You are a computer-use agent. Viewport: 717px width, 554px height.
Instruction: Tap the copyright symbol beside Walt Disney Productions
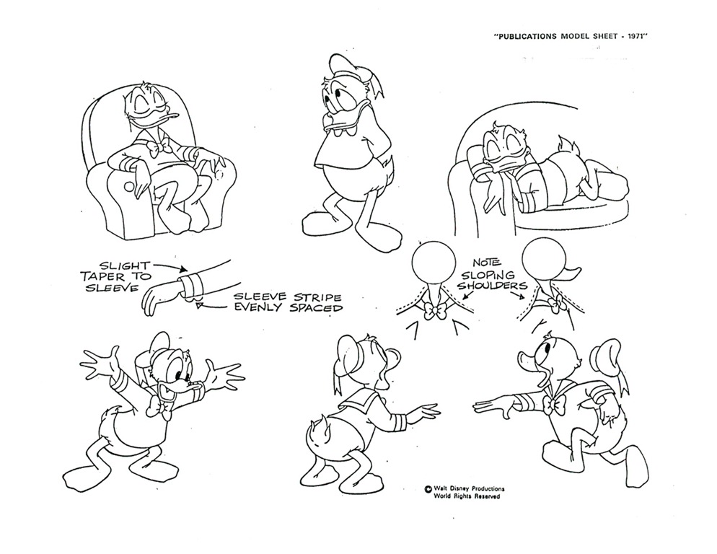(x=428, y=489)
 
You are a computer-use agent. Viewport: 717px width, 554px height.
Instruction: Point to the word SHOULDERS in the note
(x=492, y=286)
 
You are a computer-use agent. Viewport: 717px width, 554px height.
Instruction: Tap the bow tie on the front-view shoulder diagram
(x=434, y=311)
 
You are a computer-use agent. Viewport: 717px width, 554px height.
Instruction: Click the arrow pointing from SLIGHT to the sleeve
(x=170, y=267)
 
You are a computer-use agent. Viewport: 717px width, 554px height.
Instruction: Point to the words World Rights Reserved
(x=467, y=496)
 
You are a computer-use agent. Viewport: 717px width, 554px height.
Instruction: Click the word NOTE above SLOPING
(x=486, y=263)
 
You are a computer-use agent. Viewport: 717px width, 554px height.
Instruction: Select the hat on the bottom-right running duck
(x=609, y=362)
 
